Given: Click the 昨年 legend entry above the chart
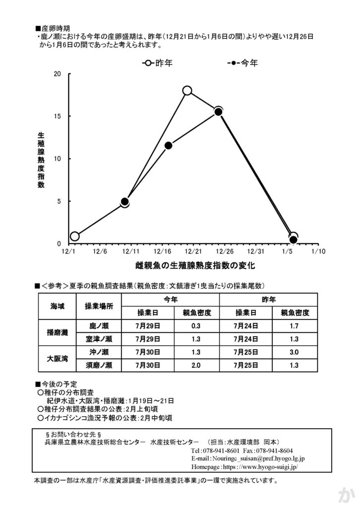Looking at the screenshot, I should click(157, 63).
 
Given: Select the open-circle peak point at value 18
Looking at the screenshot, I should click(187, 90).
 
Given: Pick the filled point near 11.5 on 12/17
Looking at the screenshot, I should click(168, 146).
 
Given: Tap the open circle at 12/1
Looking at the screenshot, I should click(75, 236).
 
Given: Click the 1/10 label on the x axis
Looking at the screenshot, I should click(317, 252).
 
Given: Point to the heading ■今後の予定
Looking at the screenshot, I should click(53, 384).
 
